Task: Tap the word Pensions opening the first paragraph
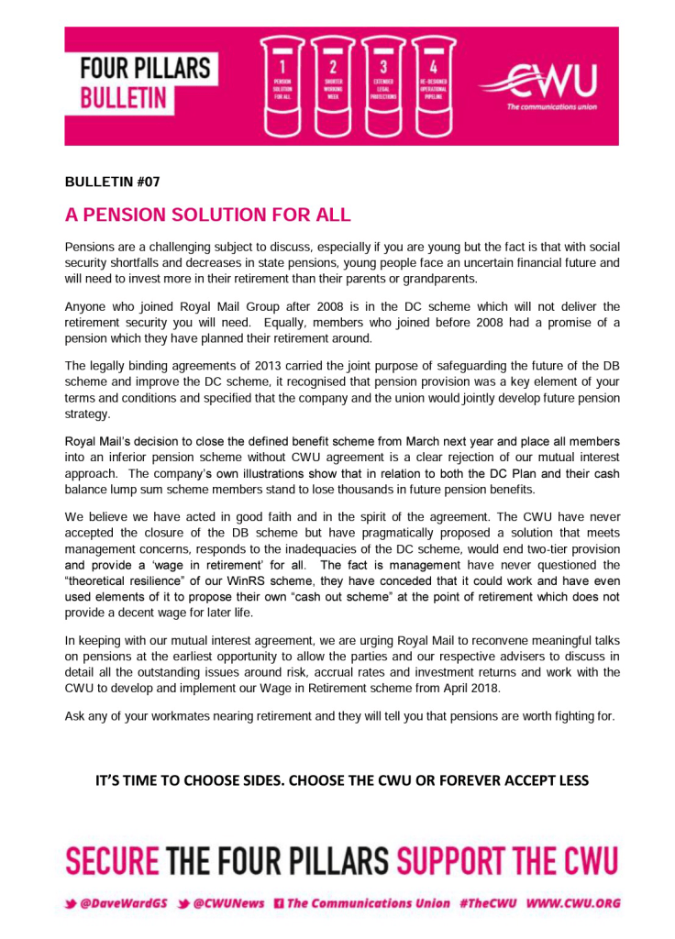[91, 248]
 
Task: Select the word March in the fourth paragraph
[401, 441]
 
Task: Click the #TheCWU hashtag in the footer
[488, 903]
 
